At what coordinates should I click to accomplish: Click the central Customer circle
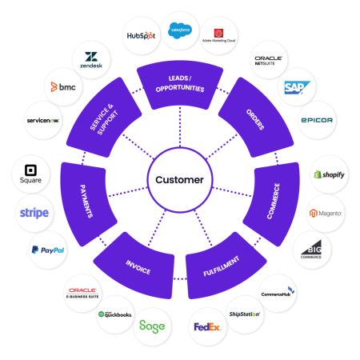tap(180, 180)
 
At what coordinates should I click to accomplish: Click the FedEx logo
tap(207, 326)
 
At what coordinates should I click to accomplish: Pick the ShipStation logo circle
tap(245, 314)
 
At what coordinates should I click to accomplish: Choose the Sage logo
tap(152, 326)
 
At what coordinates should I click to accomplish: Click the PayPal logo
tap(48, 250)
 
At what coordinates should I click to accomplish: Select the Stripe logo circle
tap(34, 213)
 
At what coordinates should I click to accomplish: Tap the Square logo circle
tap(30, 175)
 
